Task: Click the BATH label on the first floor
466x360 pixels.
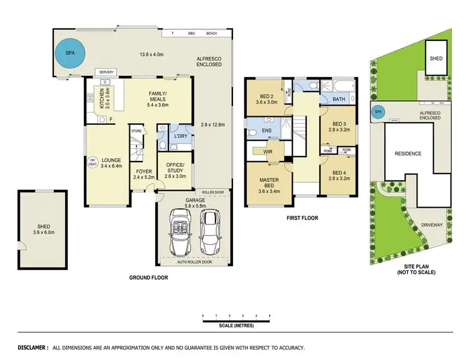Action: [339, 99]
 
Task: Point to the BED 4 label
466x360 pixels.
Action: [339, 173]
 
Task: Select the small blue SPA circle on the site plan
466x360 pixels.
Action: [377, 112]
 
